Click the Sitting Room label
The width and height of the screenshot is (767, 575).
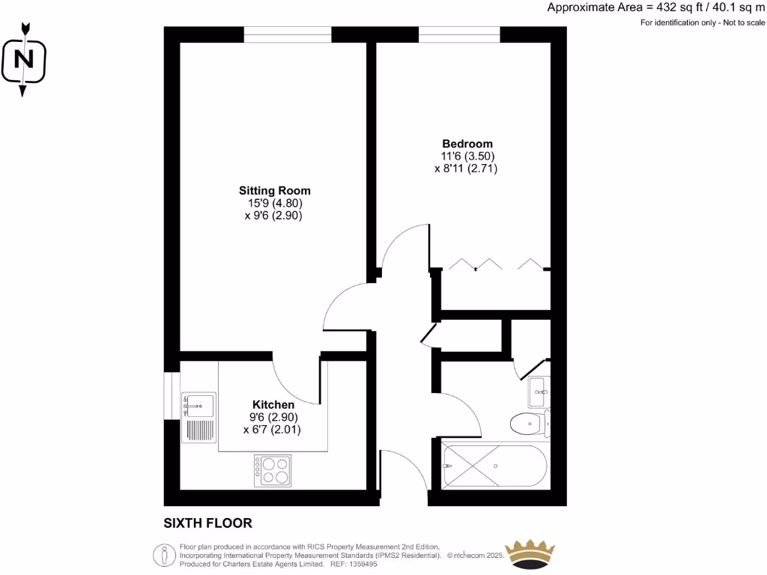click(274, 190)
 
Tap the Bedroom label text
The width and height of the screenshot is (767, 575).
click(467, 144)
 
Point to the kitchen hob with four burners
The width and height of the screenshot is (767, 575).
click(273, 471)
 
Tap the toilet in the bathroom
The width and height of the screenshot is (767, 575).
click(530, 424)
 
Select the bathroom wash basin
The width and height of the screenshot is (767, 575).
click(539, 389)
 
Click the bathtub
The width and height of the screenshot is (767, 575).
click(495, 467)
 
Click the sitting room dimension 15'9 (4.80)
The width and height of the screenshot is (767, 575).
click(274, 203)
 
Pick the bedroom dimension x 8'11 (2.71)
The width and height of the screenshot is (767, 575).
click(466, 169)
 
